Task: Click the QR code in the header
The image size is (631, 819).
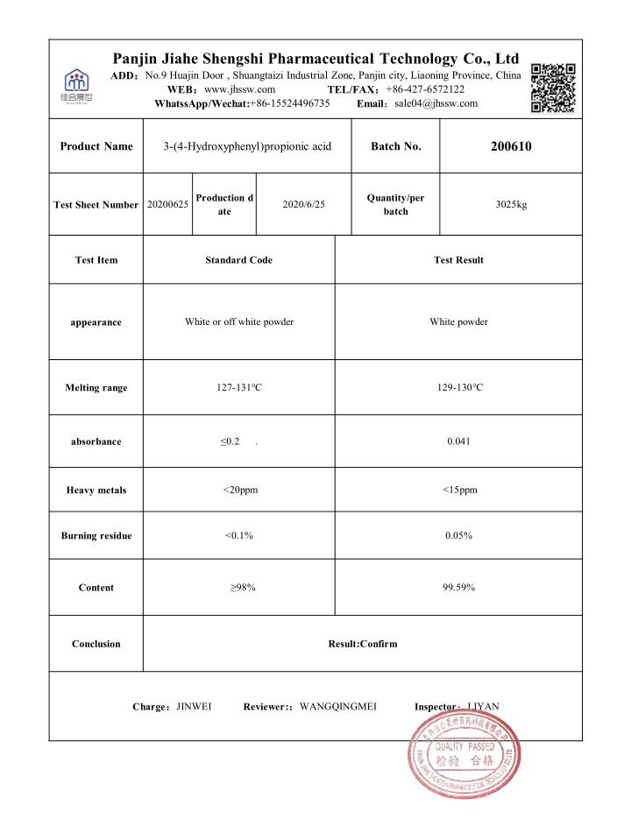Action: (553, 88)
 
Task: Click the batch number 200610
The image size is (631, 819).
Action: (511, 146)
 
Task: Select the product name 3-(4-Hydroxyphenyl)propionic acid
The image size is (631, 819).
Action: (247, 146)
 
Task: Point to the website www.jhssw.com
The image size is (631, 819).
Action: (240, 89)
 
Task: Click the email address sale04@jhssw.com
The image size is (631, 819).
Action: (436, 103)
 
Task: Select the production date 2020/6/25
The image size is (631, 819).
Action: (303, 204)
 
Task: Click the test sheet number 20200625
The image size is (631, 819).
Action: (167, 204)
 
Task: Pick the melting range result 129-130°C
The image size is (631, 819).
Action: (458, 387)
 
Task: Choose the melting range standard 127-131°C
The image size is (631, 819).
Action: (239, 387)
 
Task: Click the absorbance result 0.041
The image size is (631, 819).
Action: (458, 441)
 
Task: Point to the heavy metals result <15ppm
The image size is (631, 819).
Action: (459, 490)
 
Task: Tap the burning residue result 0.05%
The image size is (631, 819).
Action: (458, 535)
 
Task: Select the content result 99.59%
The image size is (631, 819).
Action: (458, 587)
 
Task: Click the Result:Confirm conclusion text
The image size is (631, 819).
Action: (362, 644)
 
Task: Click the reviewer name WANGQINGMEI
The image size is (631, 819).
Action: (338, 706)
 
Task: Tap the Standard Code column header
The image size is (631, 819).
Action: (238, 260)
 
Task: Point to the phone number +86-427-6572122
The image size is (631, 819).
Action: (425, 89)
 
